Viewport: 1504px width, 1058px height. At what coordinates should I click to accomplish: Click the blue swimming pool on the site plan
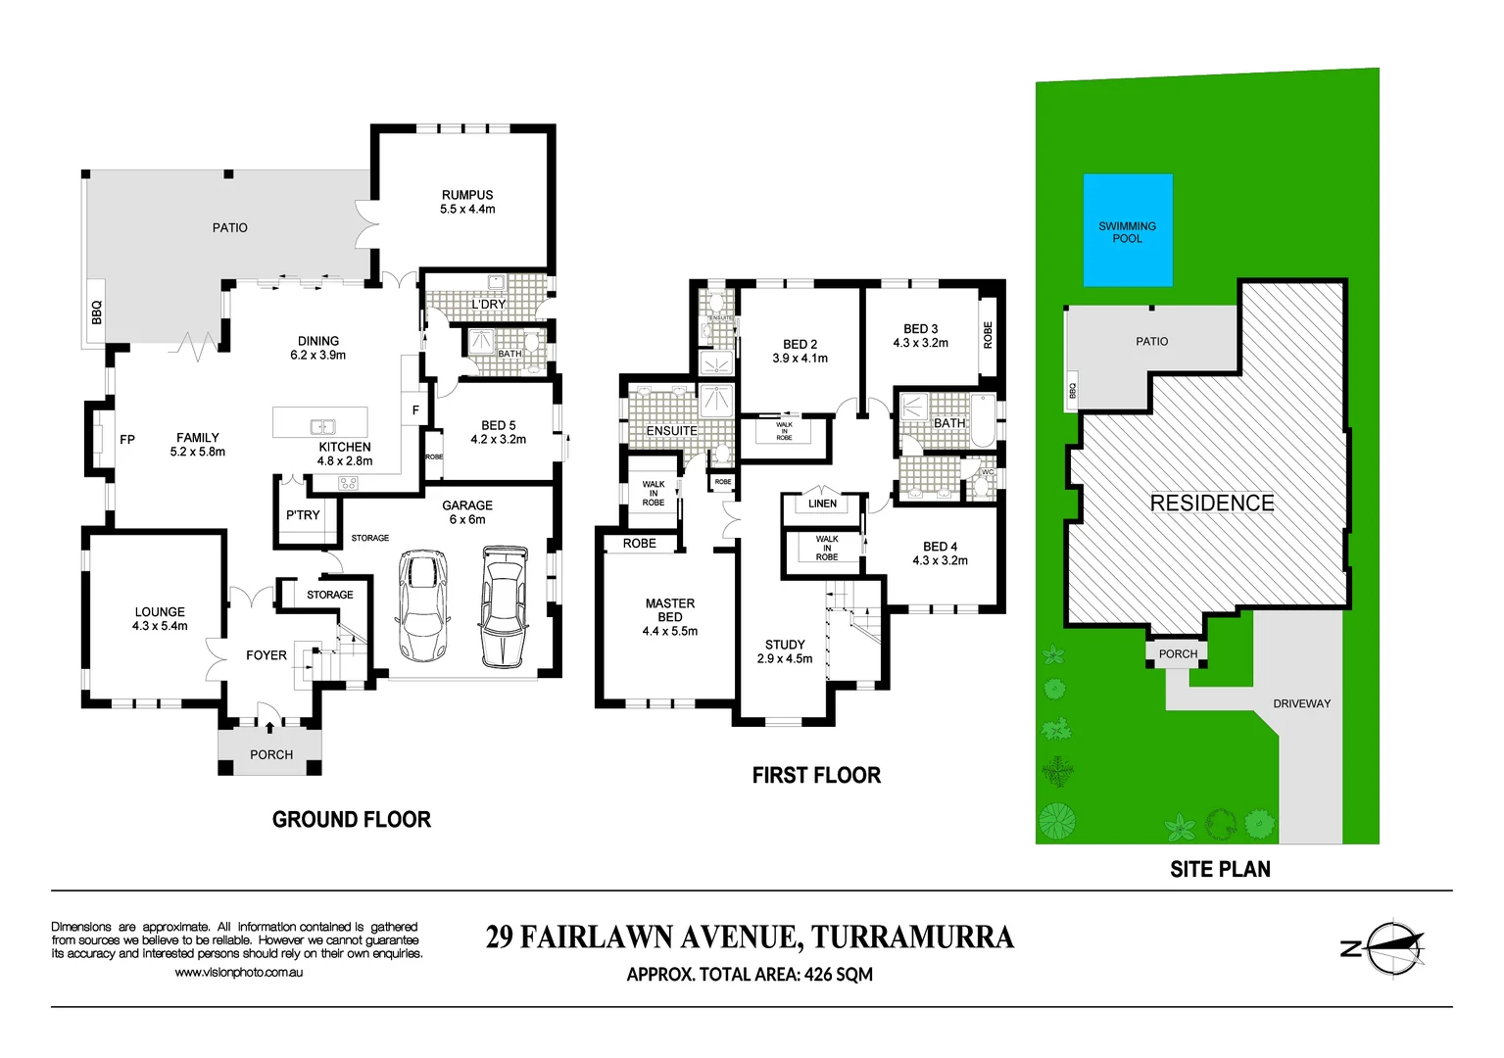pos(1127,231)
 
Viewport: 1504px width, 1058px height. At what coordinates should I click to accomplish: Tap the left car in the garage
pos(422,605)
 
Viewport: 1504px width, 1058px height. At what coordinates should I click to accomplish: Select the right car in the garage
pos(504,607)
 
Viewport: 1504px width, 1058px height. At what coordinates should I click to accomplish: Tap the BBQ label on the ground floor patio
pos(97,313)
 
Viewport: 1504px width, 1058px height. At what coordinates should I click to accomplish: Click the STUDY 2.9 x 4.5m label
pos(785,651)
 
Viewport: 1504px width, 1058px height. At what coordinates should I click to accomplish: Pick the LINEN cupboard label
pos(822,504)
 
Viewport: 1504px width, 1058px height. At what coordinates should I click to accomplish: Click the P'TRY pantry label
pos(303,515)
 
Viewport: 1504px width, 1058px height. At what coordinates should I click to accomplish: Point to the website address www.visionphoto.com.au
pos(239,973)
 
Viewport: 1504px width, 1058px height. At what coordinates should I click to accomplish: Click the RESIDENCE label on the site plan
pos(1212,503)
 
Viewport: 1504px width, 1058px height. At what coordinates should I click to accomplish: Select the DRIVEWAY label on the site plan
pos(1301,703)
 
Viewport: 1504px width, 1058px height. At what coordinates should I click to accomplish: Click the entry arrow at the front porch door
pos(270,728)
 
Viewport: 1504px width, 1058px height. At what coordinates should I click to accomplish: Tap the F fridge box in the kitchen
pos(415,410)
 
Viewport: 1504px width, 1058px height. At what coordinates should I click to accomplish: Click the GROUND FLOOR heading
pos(352,819)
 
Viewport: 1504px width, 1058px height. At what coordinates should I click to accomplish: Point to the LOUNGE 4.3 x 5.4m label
pos(160,618)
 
